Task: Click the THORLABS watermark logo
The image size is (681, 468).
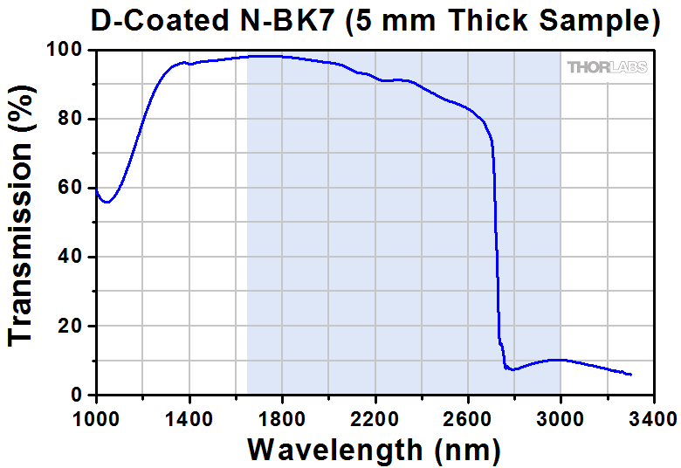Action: (x=608, y=67)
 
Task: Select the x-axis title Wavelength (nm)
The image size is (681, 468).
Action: (x=374, y=450)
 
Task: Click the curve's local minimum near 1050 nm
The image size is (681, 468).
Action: (x=107, y=203)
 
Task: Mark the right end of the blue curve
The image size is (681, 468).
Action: (x=630, y=375)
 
